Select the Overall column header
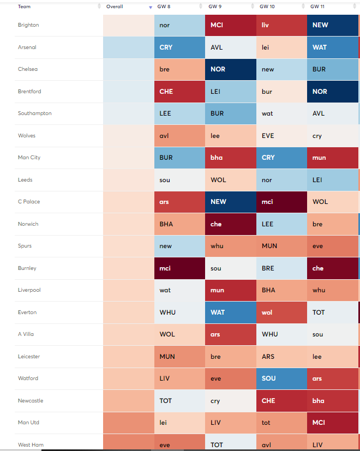click(x=115, y=7)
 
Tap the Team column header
click(x=24, y=7)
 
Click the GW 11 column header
click(x=318, y=7)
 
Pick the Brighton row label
click(x=28, y=25)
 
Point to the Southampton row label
click(x=34, y=113)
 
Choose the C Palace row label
click(x=29, y=202)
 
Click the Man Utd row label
click(x=28, y=423)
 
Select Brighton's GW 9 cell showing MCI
click(x=230, y=25)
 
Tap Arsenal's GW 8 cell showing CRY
click(x=179, y=47)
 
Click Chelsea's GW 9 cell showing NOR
click(x=230, y=69)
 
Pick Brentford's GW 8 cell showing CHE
click(x=179, y=92)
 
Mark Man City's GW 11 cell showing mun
click(x=332, y=158)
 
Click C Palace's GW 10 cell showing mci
click(x=281, y=202)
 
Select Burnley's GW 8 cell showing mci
click(x=179, y=268)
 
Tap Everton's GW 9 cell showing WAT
click(x=230, y=312)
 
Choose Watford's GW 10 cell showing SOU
click(x=281, y=378)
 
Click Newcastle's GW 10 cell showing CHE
click(x=281, y=401)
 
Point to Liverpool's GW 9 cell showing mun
click(x=230, y=290)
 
